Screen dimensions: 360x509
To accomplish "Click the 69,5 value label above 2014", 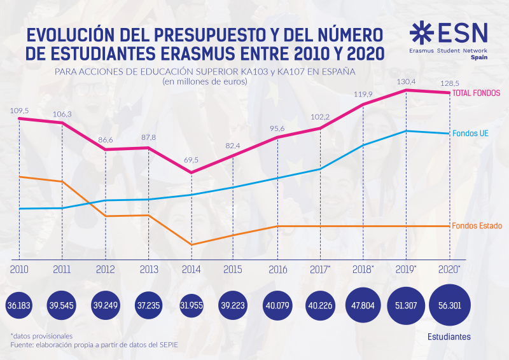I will tap(192, 160).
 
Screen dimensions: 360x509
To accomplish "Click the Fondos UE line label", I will tap(470, 134).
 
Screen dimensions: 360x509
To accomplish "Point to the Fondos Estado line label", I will tap(477, 226).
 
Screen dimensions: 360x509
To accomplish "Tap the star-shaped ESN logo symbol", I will tap(421, 32).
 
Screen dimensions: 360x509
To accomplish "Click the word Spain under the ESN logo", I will tap(478, 57).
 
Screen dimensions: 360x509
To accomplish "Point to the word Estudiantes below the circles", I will tap(449, 335).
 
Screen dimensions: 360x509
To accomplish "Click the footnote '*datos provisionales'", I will tap(41, 335).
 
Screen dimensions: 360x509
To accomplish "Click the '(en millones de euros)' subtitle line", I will tap(204, 81).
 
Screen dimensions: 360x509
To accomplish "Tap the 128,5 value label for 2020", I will tap(449, 83).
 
